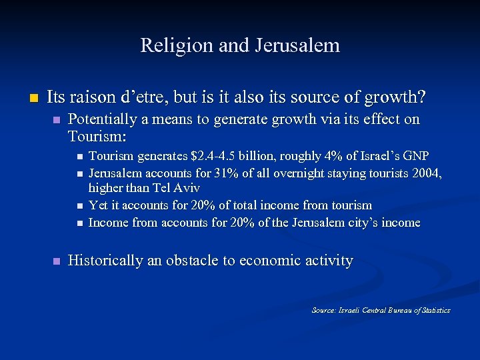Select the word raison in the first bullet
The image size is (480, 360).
pos(92,97)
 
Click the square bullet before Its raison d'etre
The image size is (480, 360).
pos(25,97)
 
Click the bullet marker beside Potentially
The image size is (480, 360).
pos(57,120)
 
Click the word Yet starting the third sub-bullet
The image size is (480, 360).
pos(97,205)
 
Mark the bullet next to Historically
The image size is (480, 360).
pos(57,261)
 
